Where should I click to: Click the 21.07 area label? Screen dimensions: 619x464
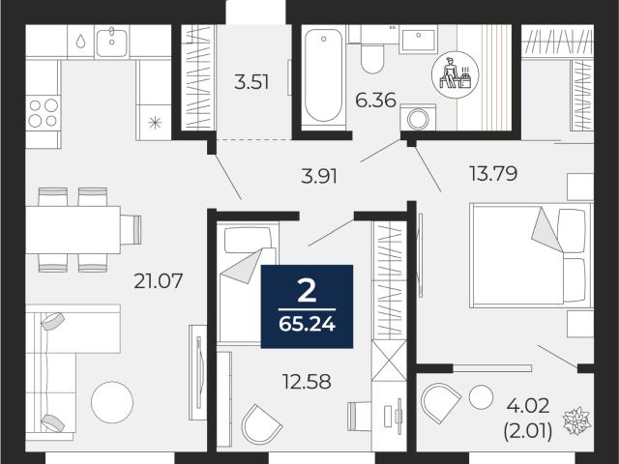[x=158, y=281]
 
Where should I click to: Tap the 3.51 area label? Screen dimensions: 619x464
[x=251, y=83]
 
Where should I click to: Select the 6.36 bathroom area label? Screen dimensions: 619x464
[x=375, y=101]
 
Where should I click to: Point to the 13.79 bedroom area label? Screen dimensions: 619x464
[x=493, y=174]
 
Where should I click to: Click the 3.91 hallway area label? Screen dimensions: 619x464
[x=319, y=176]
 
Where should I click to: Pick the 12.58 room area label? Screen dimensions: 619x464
[x=307, y=382]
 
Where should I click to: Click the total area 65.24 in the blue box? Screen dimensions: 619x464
[x=307, y=325]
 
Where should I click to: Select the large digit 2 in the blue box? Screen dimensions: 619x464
[x=307, y=292]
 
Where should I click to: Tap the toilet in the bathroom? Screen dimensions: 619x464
[x=372, y=54]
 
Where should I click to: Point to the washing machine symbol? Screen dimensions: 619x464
[x=418, y=117]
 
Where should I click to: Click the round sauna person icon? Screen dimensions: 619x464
[x=456, y=73]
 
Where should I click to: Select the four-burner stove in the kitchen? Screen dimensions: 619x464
[x=44, y=113]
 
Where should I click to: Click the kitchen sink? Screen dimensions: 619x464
[x=112, y=42]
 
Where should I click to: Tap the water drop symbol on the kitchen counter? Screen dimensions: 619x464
[x=80, y=41]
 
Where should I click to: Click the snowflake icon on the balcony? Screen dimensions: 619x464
[x=576, y=420]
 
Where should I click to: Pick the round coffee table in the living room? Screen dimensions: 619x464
[x=112, y=402]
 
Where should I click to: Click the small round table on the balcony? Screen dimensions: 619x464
[x=482, y=396]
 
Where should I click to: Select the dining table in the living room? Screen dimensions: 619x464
[x=74, y=230]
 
